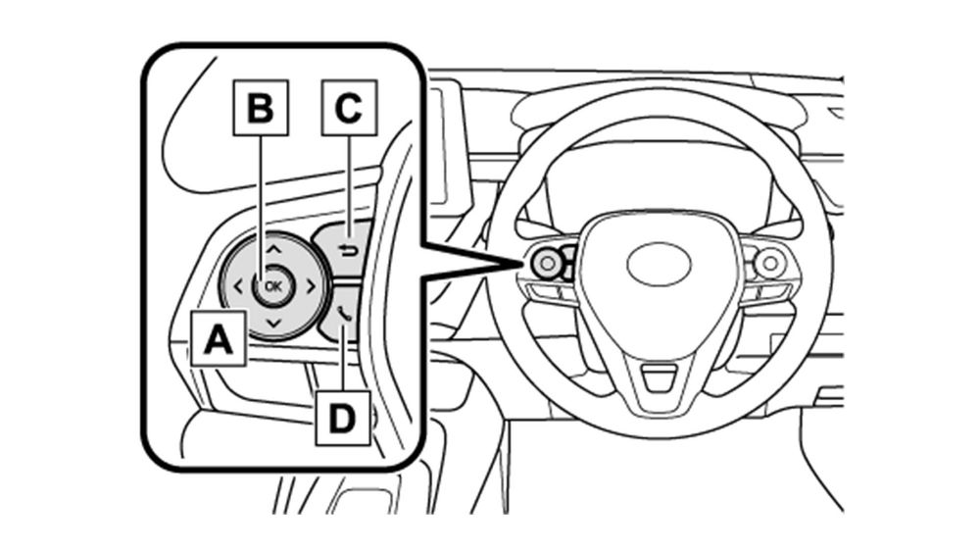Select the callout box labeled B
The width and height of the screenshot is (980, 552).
(x=260, y=107)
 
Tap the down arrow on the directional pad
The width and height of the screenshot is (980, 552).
(x=272, y=323)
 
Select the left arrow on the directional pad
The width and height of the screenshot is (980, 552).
(x=238, y=286)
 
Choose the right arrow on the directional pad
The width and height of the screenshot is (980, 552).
(x=308, y=286)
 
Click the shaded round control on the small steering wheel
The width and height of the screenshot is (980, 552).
(x=546, y=261)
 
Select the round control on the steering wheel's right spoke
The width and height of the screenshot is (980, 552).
(x=769, y=262)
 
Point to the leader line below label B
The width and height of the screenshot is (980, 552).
(x=260, y=196)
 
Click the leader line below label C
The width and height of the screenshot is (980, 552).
(x=350, y=181)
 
